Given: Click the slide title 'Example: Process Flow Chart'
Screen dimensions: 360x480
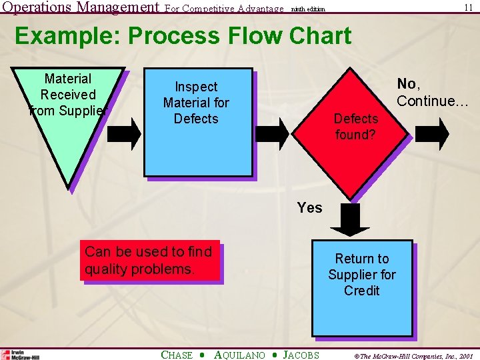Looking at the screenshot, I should [x=183, y=35].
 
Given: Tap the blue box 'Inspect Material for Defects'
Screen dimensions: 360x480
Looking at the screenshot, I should [x=199, y=123].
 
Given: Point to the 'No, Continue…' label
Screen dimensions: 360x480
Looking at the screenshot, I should [x=433, y=93].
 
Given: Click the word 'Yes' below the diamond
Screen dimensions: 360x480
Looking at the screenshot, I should [x=309, y=208].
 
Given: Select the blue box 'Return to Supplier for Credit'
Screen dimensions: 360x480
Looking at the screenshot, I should [x=362, y=287].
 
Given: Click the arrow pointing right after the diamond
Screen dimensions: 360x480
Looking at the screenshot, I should [x=434, y=132].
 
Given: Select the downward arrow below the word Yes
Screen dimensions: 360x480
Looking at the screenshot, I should [x=347, y=221].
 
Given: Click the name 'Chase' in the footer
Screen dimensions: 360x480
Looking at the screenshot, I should [x=177, y=355].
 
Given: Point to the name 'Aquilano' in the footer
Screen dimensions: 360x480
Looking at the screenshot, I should [x=239, y=355].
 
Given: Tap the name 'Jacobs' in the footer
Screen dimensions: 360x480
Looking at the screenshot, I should [x=301, y=355].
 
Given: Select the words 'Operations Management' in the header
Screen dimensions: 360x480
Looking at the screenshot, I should [x=80, y=8].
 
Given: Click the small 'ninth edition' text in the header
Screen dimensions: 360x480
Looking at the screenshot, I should [x=307, y=9].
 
